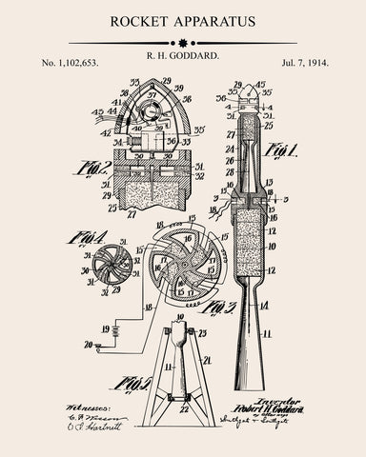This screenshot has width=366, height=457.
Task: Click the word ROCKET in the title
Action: coord(142,20)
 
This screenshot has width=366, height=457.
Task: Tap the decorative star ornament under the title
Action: coord(183,43)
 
